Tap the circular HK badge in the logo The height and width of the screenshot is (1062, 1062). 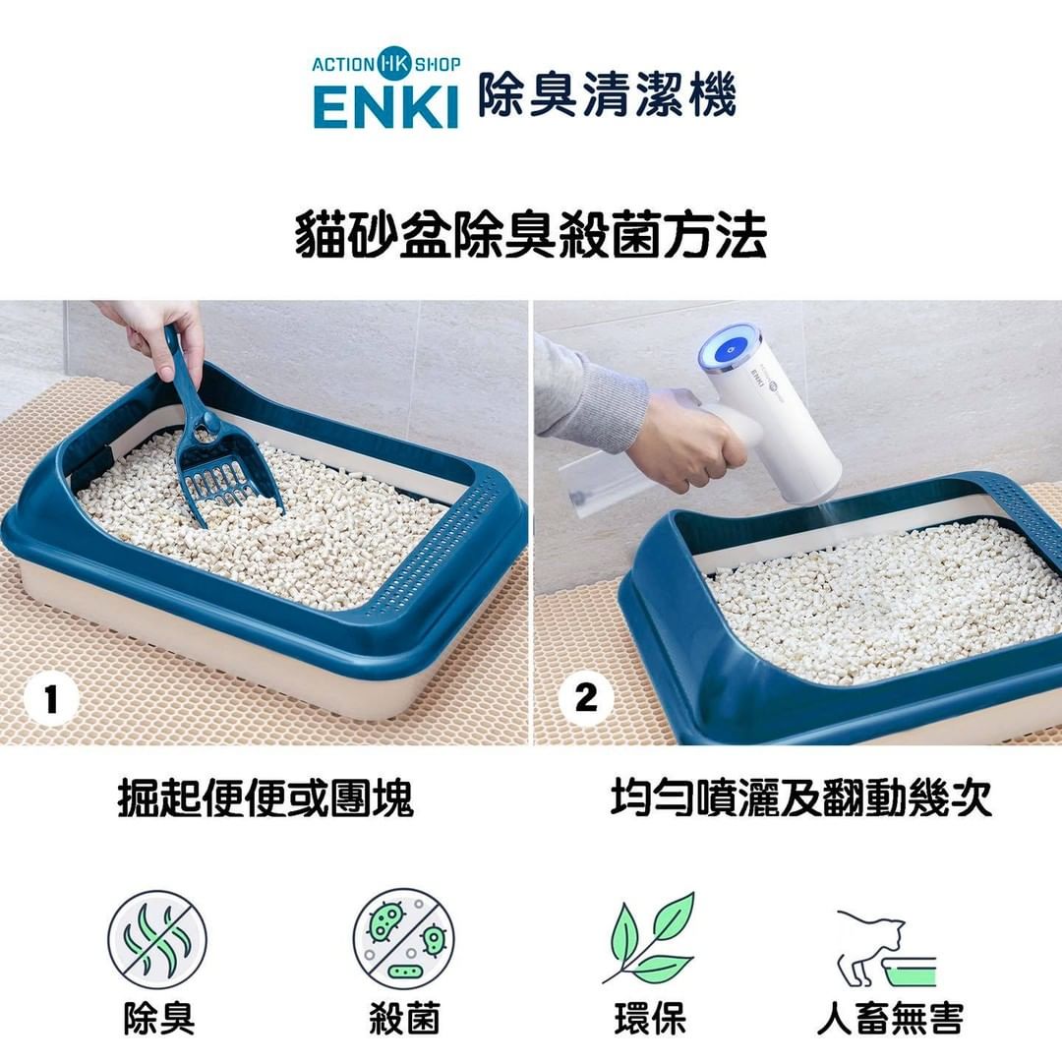[x=394, y=64]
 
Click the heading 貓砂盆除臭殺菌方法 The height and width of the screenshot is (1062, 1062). [x=531, y=235]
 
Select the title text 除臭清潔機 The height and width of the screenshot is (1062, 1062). [x=608, y=94]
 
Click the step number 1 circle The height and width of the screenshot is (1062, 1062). [x=51, y=698]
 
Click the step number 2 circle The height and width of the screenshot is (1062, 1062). [x=586, y=697]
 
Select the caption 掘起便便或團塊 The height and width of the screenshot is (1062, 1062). [x=265, y=797]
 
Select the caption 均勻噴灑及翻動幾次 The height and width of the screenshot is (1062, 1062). [x=801, y=797]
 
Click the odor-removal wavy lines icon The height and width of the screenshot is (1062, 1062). [x=157, y=940]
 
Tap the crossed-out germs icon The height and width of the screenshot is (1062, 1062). [x=404, y=939]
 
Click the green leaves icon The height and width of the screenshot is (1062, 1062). [x=650, y=938]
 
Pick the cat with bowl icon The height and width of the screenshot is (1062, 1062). [x=886, y=948]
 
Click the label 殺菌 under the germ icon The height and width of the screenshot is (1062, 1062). [x=404, y=1019]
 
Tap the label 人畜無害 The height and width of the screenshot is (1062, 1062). [x=890, y=1019]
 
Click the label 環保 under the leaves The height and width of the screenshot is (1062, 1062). [x=650, y=1019]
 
